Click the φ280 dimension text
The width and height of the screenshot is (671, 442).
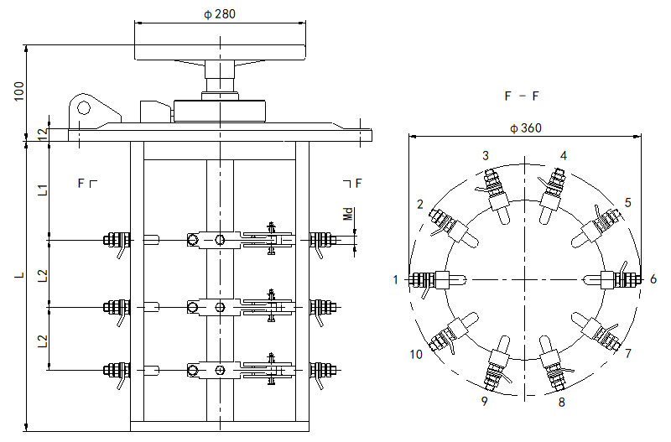220,14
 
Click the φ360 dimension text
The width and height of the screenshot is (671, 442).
526,128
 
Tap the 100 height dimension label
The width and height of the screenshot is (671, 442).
19,91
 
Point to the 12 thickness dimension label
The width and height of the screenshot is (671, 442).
42,134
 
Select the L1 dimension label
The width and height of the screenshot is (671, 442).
43,189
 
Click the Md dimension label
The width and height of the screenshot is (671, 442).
349,214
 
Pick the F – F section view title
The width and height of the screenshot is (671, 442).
521,96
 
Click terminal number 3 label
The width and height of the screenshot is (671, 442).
486,156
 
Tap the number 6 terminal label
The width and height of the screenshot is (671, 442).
653,279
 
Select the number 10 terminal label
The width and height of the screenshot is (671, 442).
416,354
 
